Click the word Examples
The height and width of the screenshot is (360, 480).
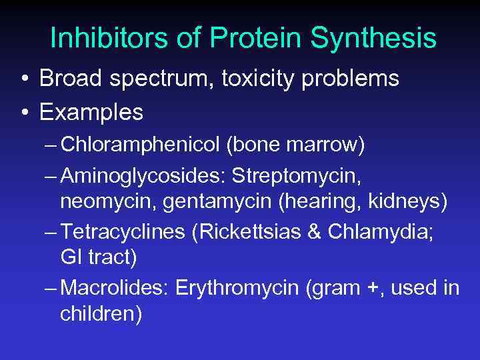pyautogui.click(x=91, y=112)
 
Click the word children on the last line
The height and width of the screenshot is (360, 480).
pyautogui.click(x=101, y=314)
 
